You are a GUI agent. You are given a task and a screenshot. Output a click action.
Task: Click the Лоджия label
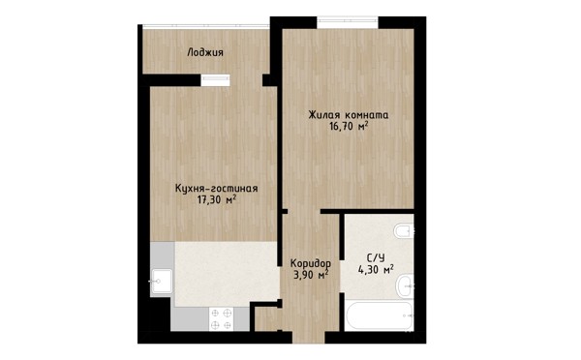[205, 52]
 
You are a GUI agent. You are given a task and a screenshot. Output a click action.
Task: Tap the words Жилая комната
[349, 115]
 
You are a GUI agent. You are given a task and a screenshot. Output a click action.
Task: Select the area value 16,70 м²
[349, 127]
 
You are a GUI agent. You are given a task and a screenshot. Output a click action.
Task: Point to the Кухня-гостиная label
[216, 188]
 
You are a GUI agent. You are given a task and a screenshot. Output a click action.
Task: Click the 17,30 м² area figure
[217, 200]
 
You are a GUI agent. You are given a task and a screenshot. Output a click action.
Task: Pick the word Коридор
[311, 263]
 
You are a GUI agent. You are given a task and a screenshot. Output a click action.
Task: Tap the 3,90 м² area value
[311, 275]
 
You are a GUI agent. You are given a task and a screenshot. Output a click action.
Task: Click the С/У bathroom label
[376, 257]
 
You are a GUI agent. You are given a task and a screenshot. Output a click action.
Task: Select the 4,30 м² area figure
[376, 269]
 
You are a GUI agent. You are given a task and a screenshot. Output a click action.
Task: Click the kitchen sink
[161, 282]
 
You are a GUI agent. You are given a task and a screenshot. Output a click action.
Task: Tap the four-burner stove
[221, 319]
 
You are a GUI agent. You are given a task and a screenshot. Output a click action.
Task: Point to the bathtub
[379, 315]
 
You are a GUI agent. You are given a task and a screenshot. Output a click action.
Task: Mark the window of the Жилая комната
[348, 22]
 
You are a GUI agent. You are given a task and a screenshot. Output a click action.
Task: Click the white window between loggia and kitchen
[215, 80]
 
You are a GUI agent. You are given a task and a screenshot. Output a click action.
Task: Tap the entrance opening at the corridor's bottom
[309, 337]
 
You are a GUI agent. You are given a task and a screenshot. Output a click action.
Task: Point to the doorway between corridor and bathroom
[342, 277]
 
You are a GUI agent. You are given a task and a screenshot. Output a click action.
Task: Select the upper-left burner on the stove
[215, 314]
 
